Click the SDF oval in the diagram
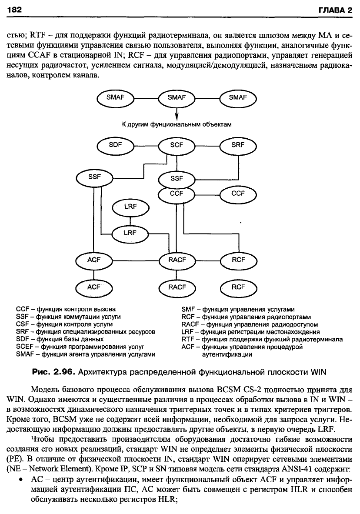tap(115, 145)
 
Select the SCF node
tap(177, 145)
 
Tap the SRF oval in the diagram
tap(238, 145)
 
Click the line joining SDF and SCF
tap(146, 145)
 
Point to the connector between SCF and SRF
tap(207, 145)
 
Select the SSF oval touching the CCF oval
tap(177, 179)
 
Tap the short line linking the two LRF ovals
tap(130, 220)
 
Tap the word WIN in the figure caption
tap(319, 372)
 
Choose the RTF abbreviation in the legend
tap(187, 339)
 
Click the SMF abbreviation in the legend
tap(188, 310)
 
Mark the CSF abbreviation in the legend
tap(22, 324)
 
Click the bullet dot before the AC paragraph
tap(21, 480)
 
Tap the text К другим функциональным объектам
tap(177, 124)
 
